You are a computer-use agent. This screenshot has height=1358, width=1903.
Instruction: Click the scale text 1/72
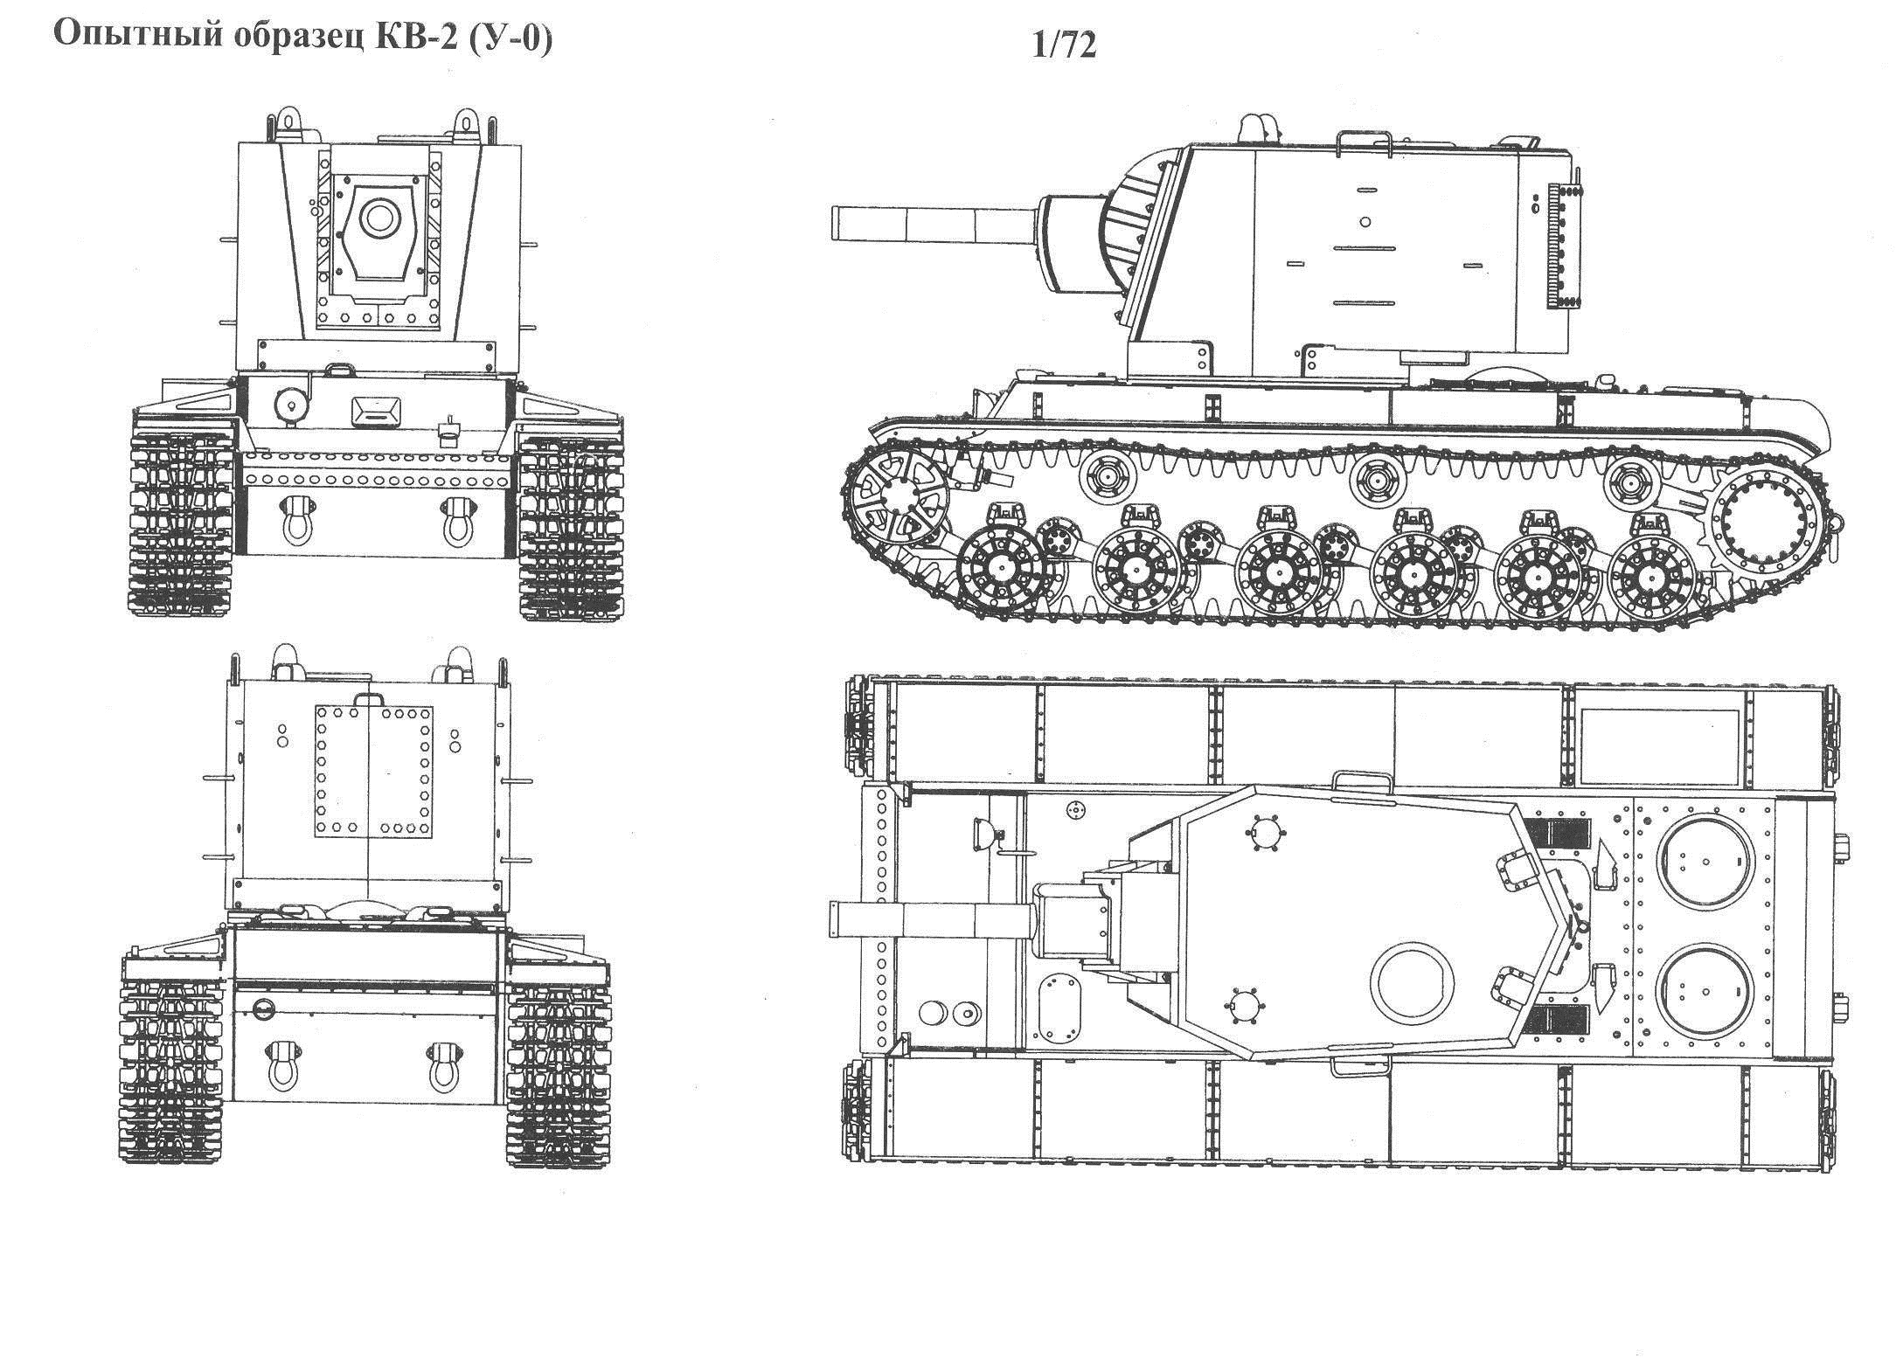(x=1064, y=45)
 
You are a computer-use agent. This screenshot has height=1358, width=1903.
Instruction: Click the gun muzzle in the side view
(x=839, y=223)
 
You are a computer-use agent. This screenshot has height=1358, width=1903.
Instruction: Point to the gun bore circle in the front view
(x=379, y=218)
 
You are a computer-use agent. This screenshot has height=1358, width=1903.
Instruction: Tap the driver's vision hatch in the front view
(x=375, y=411)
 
